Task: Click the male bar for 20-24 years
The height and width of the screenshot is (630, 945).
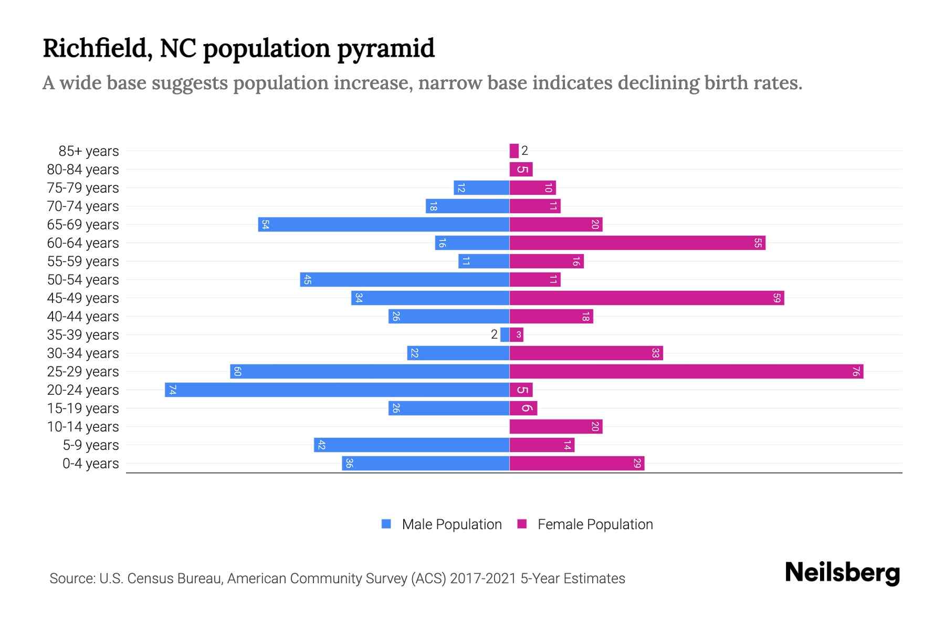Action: [x=337, y=390]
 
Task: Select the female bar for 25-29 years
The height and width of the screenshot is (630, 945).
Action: [x=686, y=371]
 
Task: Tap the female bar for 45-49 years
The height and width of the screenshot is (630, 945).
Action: [x=646, y=298]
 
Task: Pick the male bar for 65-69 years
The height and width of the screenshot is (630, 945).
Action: [x=384, y=224]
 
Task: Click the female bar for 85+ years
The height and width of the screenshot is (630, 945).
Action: [x=514, y=151]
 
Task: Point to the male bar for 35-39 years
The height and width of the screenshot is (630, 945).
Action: [x=505, y=334]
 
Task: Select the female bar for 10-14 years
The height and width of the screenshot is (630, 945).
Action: [x=556, y=426]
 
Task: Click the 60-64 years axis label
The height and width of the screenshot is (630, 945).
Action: [x=83, y=243]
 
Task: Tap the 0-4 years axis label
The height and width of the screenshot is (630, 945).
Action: [x=90, y=464]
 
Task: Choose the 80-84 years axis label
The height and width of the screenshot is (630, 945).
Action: [x=83, y=170]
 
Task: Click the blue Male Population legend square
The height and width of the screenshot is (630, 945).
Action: [x=386, y=524]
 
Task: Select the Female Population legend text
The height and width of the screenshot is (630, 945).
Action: [x=595, y=524]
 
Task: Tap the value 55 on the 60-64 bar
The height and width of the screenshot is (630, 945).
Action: [x=758, y=243]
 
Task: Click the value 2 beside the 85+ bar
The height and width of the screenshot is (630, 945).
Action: [x=524, y=151]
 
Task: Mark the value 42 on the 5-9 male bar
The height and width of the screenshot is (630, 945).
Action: [x=322, y=445]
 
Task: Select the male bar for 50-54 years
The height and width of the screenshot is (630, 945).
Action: [x=405, y=279]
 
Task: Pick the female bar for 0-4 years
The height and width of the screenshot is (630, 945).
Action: [x=576, y=463]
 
